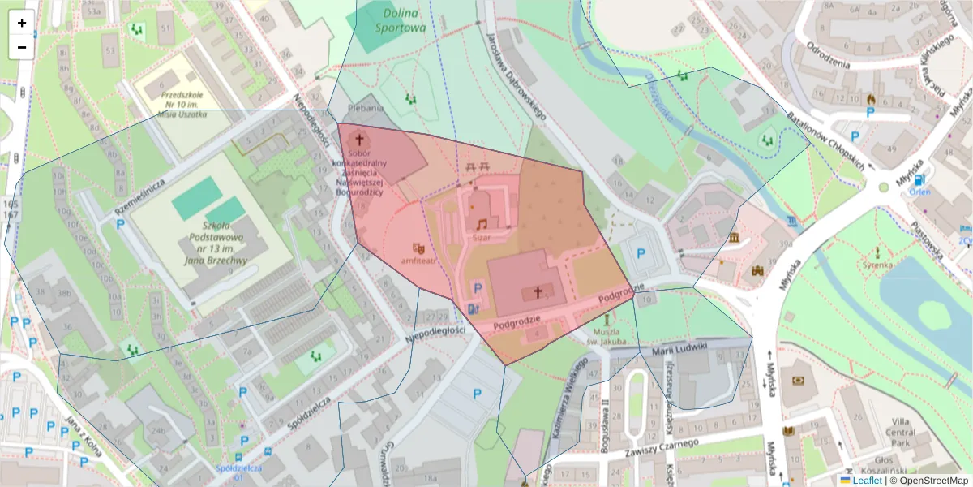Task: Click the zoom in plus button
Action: click(22, 23)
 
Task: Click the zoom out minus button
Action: click(22, 47)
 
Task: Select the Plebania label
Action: click(365, 107)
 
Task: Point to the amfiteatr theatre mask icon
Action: click(418, 248)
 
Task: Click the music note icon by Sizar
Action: click(482, 223)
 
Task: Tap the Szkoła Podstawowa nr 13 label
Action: click(214, 243)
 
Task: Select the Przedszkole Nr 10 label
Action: click(182, 104)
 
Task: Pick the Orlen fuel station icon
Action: click(919, 180)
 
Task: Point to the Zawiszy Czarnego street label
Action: click(662, 448)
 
